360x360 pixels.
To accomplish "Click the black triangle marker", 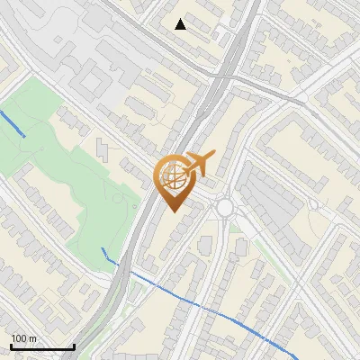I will tap(181, 23).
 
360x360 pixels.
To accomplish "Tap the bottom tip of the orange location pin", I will tap(174, 211).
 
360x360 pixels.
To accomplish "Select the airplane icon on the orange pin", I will tap(198, 163).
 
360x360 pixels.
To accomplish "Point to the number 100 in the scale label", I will tap(19, 338).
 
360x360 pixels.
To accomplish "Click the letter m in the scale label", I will tap(32, 338).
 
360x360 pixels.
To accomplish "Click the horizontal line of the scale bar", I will tap(42, 347).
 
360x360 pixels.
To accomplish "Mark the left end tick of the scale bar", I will tap(11, 346).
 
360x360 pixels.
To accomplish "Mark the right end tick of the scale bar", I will tap(74, 346).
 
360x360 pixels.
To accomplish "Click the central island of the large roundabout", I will tap(224, 209).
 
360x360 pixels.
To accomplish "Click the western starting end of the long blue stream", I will tap(103, 247).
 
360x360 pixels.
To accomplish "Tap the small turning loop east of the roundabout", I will tap(314, 204).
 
